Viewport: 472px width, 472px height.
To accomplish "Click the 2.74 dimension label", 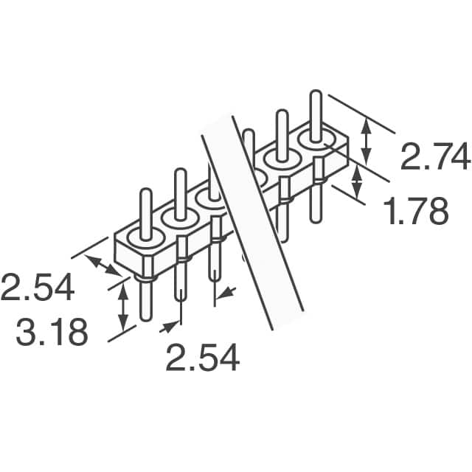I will pos(435,157).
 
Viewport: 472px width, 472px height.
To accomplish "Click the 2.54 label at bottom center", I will pos(203,359).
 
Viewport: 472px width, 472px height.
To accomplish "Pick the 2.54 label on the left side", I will pos(37,288).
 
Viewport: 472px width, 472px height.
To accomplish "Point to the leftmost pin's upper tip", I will pos(145,194).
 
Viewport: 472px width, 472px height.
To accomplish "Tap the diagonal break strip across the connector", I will pos(254,221).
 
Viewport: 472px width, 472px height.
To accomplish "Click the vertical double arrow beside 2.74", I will pos(367,142).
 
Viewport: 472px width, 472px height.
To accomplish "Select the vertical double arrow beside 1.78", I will pos(357,181).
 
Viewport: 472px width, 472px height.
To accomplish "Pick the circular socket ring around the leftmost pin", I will pos(146,237).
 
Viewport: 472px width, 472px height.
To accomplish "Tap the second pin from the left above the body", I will pos(179,192).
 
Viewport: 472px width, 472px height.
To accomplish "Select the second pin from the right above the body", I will pos(282,133).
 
